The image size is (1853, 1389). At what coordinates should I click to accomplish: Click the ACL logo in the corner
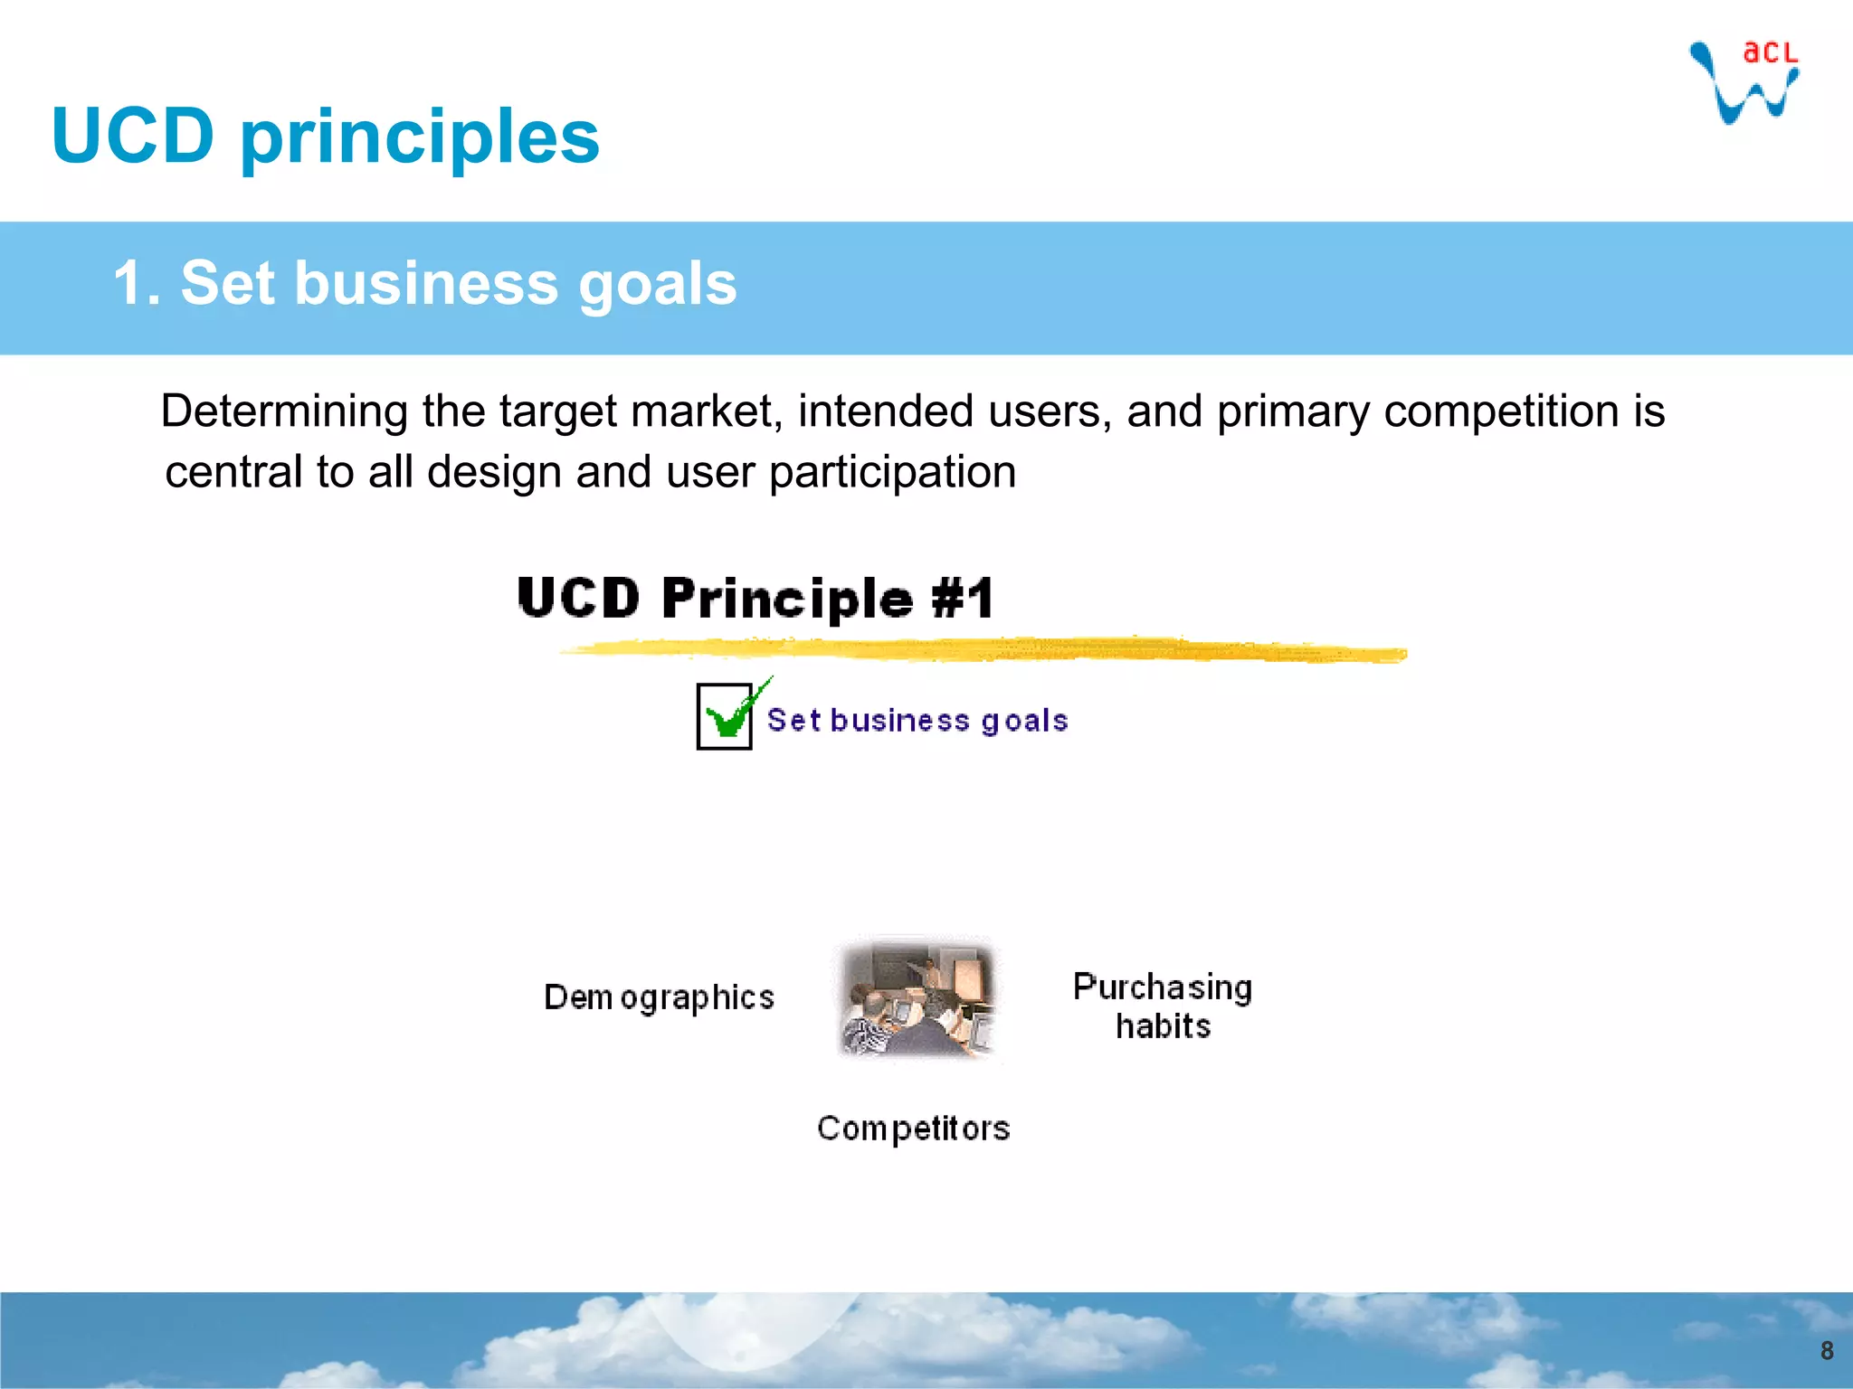pyautogui.click(x=1744, y=81)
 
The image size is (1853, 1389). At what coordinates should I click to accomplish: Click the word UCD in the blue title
pyautogui.click(x=133, y=136)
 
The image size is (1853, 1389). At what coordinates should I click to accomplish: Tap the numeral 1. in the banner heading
pyautogui.click(x=137, y=283)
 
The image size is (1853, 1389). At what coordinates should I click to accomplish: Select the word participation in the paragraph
pyautogui.click(x=892, y=472)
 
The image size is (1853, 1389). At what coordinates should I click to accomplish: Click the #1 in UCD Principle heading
pyautogui.click(x=963, y=599)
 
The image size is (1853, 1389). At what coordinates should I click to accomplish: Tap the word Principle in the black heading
pyautogui.click(x=787, y=599)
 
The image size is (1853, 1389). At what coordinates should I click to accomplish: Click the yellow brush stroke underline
pyautogui.click(x=983, y=649)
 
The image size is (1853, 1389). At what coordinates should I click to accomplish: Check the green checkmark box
pyautogui.click(x=726, y=717)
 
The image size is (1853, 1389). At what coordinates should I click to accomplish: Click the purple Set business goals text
pyautogui.click(x=917, y=721)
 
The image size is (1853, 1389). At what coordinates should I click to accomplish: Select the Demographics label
pyautogui.click(x=659, y=997)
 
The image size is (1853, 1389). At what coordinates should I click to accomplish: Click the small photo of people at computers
pyautogui.click(x=917, y=998)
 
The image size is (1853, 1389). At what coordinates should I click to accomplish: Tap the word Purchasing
pyautogui.click(x=1162, y=987)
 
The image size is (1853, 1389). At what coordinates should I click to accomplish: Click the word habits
pyautogui.click(x=1163, y=1027)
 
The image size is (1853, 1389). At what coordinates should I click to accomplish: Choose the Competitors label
pyautogui.click(x=913, y=1129)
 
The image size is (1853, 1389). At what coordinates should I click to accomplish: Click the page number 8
pyautogui.click(x=1826, y=1350)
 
